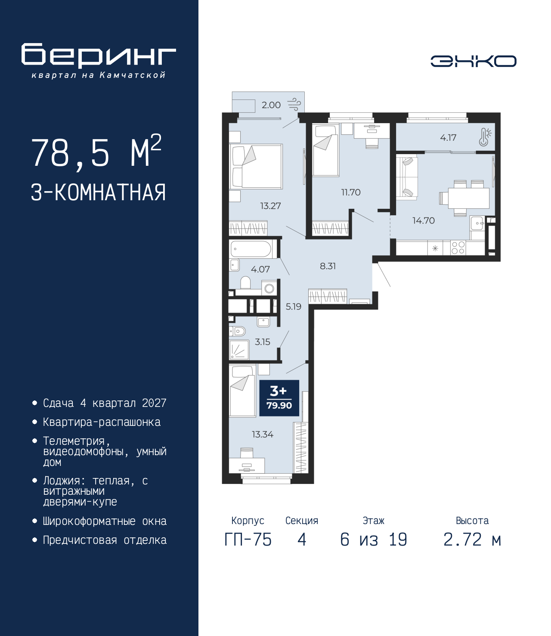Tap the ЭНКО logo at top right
(473, 61)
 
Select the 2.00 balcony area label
(271, 105)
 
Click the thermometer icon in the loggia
(485, 137)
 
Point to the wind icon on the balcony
(294, 104)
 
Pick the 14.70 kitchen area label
(424, 220)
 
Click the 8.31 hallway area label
(328, 266)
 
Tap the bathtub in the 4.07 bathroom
(251, 249)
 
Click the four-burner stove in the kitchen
(458, 248)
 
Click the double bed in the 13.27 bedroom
(256, 166)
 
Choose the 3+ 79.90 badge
(279, 398)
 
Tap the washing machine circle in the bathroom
(269, 289)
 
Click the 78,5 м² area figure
(96, 152)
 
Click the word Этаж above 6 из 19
(374, 521)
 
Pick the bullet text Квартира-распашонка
(102, 422)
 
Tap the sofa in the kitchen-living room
(407, 177)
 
